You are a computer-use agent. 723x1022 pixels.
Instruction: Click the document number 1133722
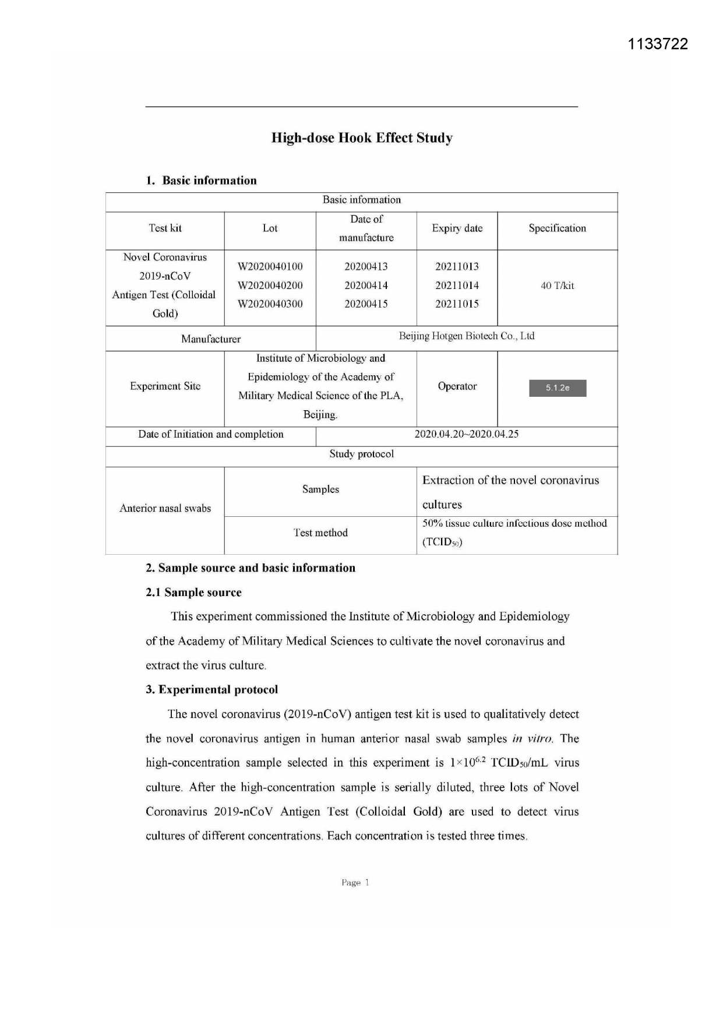pyautogui.click(x=658, y=44)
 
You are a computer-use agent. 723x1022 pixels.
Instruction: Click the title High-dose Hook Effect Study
pyautogui.click(x=362, y=138)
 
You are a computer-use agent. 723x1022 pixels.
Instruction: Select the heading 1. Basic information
pyautogui.click(x=201, y=181)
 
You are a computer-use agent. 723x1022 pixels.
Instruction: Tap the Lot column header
pyautogui.click(x=270, y=228)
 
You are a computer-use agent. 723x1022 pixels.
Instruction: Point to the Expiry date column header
pyautogui.click(x=457, y=228)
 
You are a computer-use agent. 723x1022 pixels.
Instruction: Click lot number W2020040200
pyautogui.click(x=270, y=286)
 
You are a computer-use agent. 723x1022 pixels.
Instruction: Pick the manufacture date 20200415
pyautogui.click(x=366, y=304)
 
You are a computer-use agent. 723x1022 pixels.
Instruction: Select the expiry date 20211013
pyautogui.click(x=457, y=267)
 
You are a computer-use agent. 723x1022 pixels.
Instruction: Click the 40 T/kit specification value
pyautogui.click(x=557, y=286)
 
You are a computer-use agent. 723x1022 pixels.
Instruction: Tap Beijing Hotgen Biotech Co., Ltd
pyautogui.click(x=466, y=336)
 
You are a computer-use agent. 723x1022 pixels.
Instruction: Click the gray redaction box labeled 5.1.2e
pyautogui.click(x=558, y=388)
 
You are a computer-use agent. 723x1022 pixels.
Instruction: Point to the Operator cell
pyautogui.click(x=457, y=386)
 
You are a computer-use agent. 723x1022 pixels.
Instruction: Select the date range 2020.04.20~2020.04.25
pyautogui.click(x=466, y=434)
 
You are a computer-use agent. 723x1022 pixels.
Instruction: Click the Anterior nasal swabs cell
pyautogui.click(x=165, y=509)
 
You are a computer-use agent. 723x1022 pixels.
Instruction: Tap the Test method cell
pyautogui.click(x=320, y=533)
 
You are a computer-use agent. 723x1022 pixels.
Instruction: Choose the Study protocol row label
pyautogui.click(x=361, y=454)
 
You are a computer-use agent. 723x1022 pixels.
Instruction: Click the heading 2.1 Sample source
pyautogui.click(x=193, y=593)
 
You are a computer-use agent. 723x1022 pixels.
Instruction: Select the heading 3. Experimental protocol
pyautogui.click(x=211, y=690)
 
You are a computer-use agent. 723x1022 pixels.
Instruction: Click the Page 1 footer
pyautogui.click(x=355, y=883)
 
